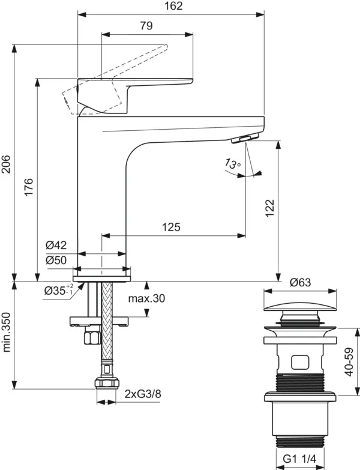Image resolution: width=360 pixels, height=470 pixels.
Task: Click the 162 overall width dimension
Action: click(x=172, y=6)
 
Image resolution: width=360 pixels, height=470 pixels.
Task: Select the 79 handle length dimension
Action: click(x=146, y=26)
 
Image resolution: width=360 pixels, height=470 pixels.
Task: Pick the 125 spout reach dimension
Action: click(x=172, y=227)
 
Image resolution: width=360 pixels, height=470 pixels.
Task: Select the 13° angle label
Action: click(x=232, y=163)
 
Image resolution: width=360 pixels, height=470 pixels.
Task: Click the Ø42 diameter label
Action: click(x=56, y=245)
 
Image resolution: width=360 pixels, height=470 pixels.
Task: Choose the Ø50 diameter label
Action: click(x=56, y=260)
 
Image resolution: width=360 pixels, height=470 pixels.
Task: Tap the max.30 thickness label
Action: click(x=146, y=298)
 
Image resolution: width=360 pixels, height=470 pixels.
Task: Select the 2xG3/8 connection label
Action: click(x=142, y=394)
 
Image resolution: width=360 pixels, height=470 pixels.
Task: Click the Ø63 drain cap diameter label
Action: click(x=299, y=282)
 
